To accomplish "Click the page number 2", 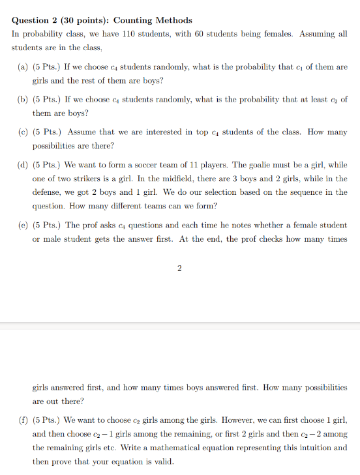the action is [x=179, y=268].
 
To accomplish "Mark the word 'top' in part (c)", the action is [x=200, y=132].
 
